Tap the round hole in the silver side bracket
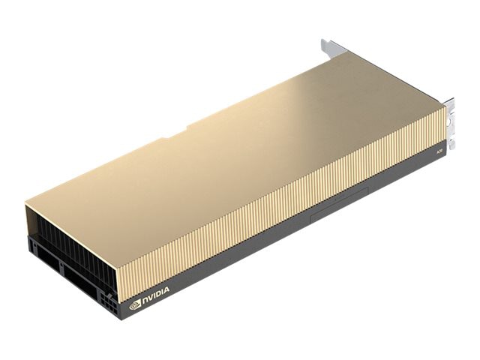[x=451, y=112]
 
